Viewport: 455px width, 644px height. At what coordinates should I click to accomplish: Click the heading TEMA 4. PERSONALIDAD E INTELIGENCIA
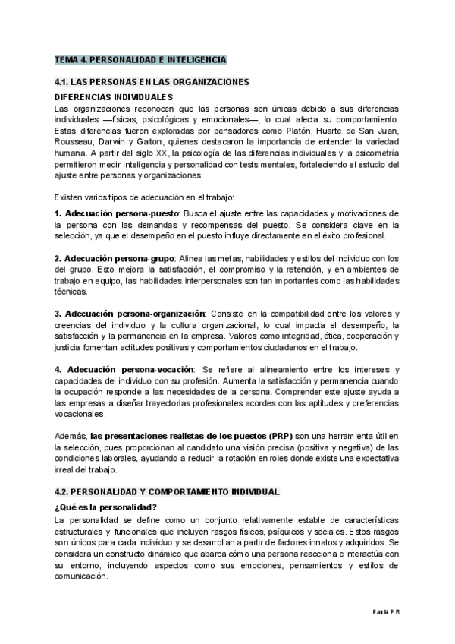(x=140, y=58)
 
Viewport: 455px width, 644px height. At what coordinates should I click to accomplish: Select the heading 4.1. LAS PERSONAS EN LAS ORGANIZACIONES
(x=152, y=82)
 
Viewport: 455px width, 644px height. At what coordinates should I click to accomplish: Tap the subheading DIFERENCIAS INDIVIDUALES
(x=115, y=97)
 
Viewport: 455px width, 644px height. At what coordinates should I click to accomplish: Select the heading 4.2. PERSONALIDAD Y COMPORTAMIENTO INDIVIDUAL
(x=167, y=492)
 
